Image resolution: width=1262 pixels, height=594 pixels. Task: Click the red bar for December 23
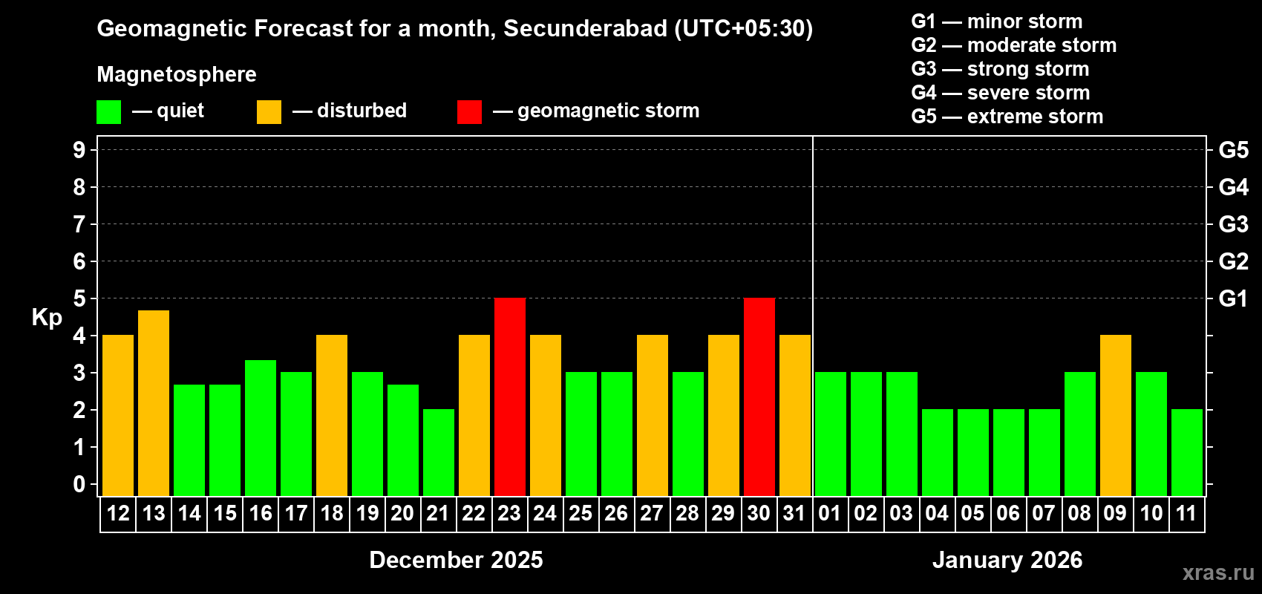click(510, 396)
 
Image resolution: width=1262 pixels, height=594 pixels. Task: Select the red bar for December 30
click(759, 396)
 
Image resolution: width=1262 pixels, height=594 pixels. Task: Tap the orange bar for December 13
click(154, 403)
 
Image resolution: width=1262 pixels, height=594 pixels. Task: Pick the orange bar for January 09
click(1116, 415)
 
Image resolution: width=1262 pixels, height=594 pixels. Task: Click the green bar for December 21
click(439, 452)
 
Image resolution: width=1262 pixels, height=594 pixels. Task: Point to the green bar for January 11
click(1187, 452)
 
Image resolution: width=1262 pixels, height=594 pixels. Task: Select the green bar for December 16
click(261, 428)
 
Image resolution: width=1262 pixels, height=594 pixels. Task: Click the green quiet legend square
click(108, 112)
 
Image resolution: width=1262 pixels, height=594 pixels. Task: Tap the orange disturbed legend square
click(269, 112)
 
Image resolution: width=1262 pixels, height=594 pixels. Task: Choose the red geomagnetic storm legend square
click(469, 112)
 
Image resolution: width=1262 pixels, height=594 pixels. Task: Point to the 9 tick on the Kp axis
click(79, 150)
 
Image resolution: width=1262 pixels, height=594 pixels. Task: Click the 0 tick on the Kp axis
click(79, 484)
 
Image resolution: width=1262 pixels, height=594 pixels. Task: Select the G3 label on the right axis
click(1233, 224)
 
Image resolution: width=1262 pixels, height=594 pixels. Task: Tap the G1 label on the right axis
click(1233, 298)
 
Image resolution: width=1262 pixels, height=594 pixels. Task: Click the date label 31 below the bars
click(794, 513)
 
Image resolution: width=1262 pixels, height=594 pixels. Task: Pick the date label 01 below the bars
click(830, 513)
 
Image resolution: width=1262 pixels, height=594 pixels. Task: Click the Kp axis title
click(47, 317)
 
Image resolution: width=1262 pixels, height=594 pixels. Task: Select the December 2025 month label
click(456, 560)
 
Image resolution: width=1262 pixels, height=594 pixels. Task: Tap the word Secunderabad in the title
click(586, 28)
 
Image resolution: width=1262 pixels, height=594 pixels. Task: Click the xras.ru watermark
click(1218, 572)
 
